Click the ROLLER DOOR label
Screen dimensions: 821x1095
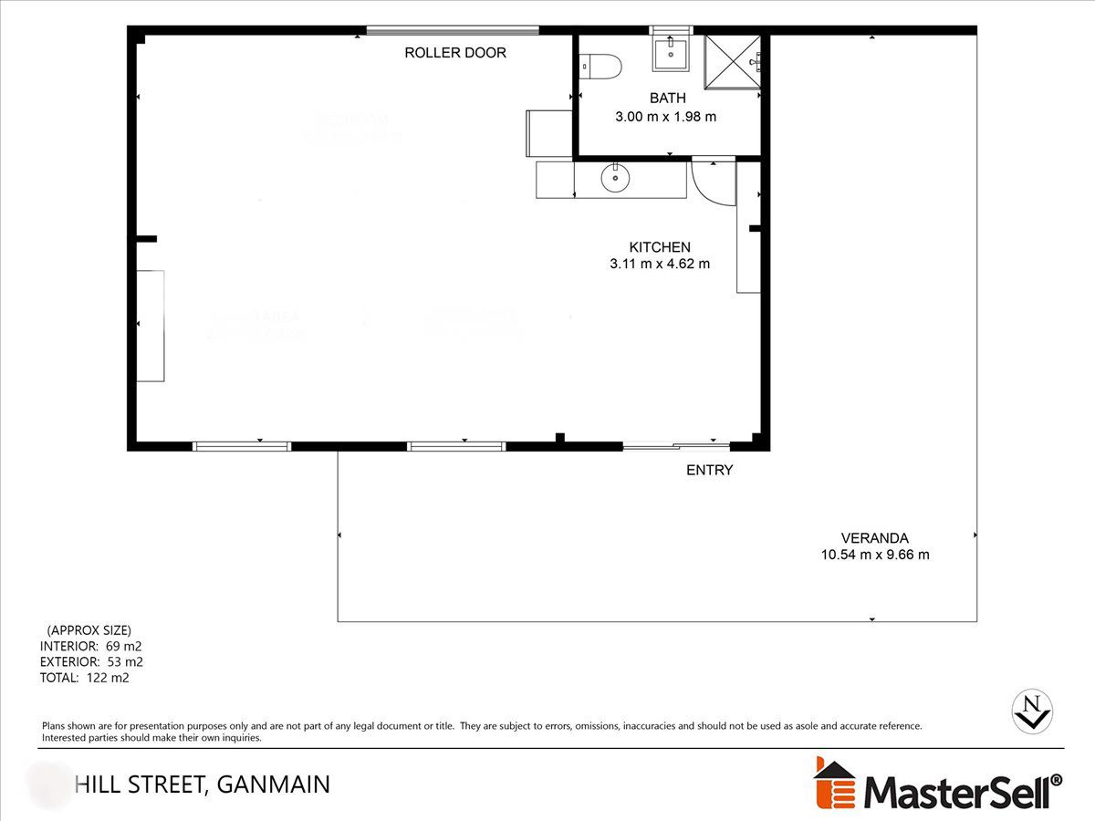(x=455, y=53)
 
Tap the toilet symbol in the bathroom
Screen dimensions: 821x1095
(x=602, y=66)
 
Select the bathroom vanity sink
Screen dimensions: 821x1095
(x=672, y=51)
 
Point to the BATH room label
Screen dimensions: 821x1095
(x=667, y=98)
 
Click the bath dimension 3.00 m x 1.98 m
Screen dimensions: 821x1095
(x=665, y=117)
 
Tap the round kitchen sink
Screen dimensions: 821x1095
(x=616, y=179)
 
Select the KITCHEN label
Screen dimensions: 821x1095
(x=660, y=247)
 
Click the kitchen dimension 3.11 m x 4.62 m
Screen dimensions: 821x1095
(x=660, y=265)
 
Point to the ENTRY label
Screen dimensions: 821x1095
(x=709, y=471)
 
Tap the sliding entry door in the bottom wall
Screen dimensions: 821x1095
(x=676, y=446)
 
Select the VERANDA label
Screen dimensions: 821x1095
(x=875, y=538)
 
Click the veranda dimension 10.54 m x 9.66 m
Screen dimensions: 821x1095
(x=875, y=555)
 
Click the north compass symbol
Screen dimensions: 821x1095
(x=1034, y=710)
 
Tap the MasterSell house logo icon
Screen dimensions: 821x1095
(x=834, y=784)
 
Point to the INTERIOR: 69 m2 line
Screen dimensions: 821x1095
(x=90, y=646)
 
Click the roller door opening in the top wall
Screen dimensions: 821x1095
(x=453, y=30)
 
